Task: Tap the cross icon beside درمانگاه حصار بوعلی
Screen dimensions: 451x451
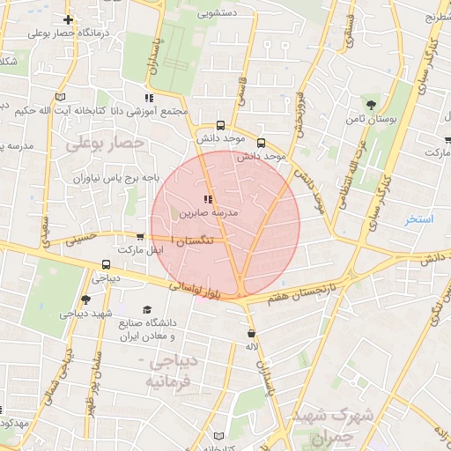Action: point(69,19)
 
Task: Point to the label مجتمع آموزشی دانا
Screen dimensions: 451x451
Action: point(145,111)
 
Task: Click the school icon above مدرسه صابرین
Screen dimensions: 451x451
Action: point(208,200)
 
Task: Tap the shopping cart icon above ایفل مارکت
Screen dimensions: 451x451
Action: point(140,237)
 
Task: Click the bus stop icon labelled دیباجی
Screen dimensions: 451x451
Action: point(106,264)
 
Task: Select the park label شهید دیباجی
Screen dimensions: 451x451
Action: point(85,314)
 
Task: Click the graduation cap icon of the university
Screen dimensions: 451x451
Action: point(147,309)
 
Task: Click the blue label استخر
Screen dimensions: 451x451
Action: point(418,218)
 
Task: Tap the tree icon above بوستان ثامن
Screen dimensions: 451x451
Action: point(366,103)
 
